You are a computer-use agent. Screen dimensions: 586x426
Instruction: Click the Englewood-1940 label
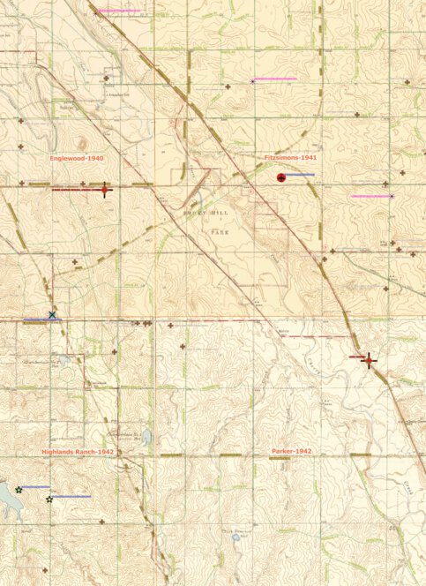pos(78,158)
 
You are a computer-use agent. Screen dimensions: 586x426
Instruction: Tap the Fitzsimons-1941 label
pos(290,158)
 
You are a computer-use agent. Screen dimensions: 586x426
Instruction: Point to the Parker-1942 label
pos(291,452)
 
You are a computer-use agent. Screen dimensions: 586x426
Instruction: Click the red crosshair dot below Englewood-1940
pos(104,190)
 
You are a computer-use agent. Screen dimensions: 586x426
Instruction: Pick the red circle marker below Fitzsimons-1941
pos(281,178)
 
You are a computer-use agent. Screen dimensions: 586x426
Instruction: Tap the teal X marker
pos(52,315)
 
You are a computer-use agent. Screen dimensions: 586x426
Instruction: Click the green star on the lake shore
pos(19,489)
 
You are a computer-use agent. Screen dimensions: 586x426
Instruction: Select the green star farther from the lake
pos(49,500)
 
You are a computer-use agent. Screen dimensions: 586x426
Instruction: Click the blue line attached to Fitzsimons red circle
pos(300,175)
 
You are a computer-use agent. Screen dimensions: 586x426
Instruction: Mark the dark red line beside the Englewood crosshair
pos(77,190)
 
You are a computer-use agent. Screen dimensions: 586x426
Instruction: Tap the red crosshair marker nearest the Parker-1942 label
pos(369,359)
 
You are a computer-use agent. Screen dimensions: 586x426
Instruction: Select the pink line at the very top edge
pos(118,11)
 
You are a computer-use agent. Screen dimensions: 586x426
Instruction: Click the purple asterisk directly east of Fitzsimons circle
pos(392,196)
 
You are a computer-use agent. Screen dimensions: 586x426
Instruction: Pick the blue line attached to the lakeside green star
pos(35,486)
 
